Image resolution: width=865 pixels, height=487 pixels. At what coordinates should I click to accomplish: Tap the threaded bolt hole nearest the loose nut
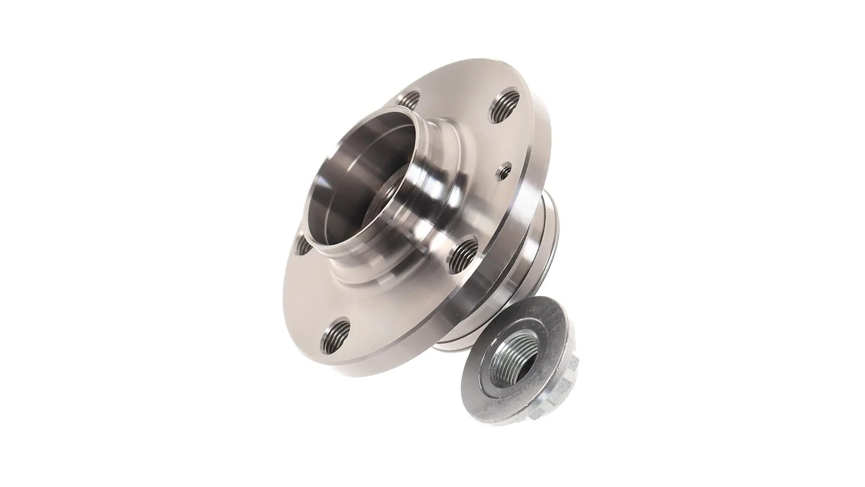[464, 253]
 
